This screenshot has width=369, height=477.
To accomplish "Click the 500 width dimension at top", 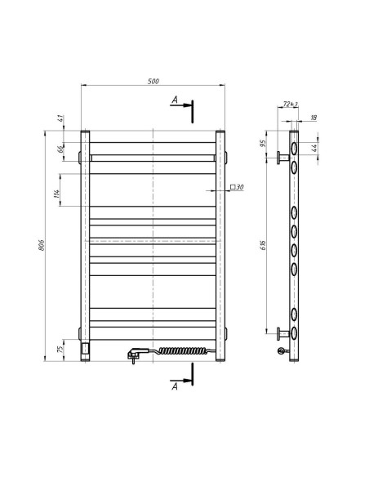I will click(153, 79).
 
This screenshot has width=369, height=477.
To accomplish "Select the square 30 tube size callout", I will click(238, 188).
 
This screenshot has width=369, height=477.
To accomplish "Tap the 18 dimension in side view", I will click(314, 118).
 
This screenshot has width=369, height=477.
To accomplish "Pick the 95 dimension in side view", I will click(264, 143).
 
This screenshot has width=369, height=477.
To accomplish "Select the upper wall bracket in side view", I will click(282, 157).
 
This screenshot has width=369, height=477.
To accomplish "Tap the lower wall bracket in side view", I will click(282, 332).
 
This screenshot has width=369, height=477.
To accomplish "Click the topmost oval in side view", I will click(293, 146).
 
